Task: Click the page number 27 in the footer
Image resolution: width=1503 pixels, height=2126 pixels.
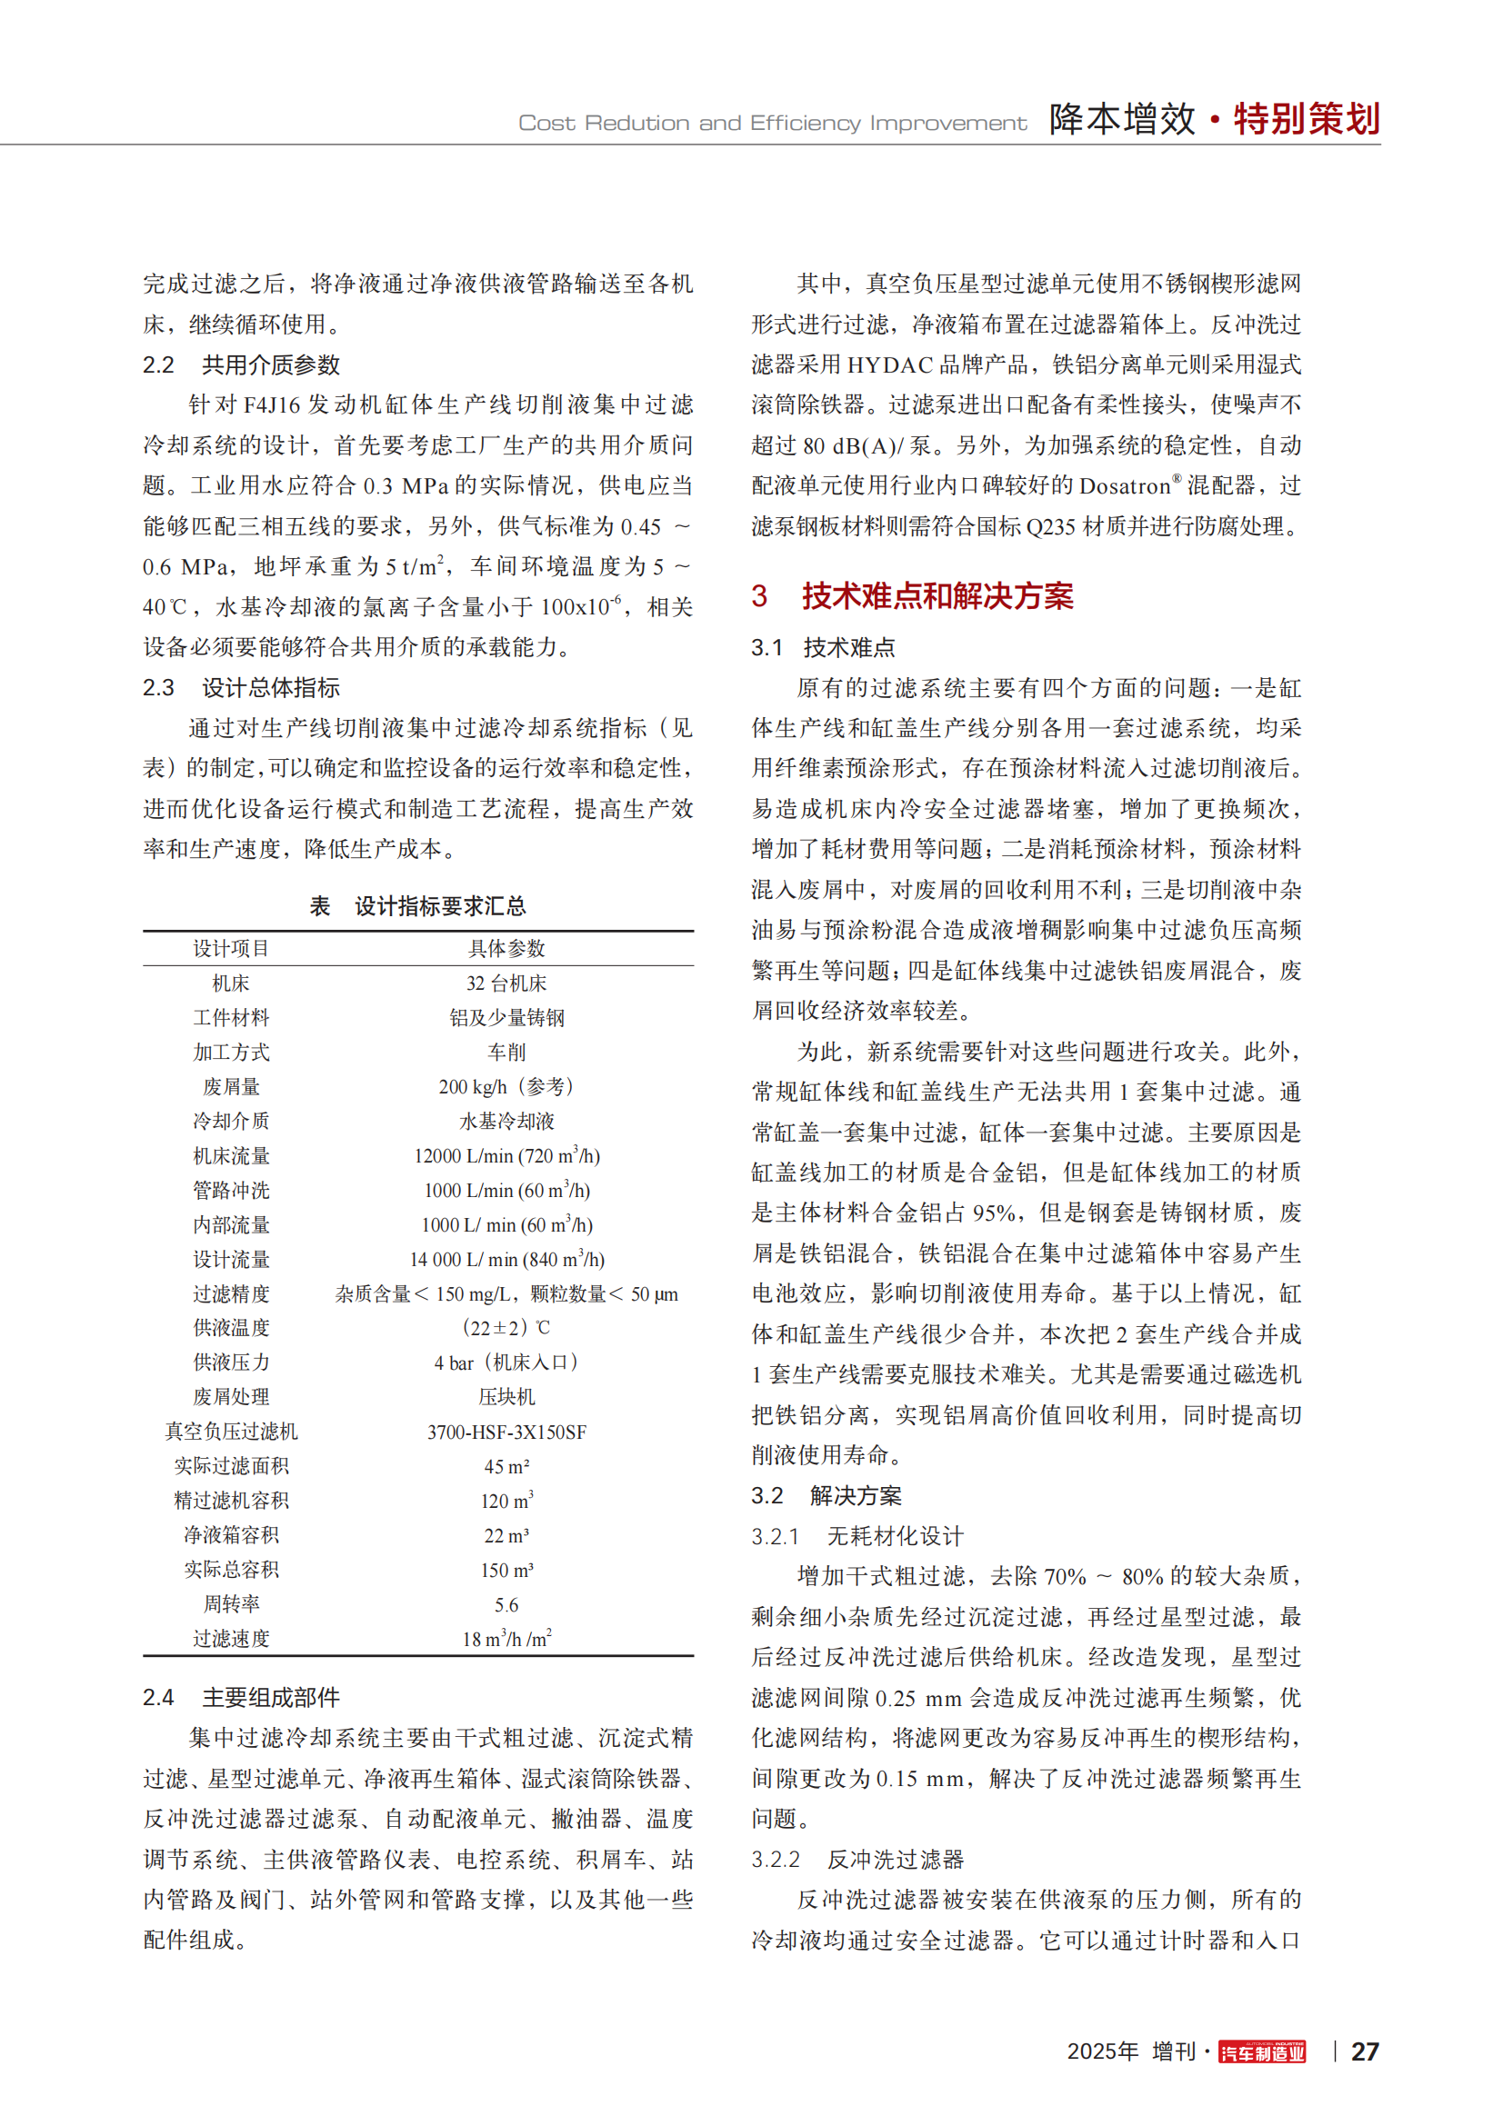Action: tap(1364, 2051)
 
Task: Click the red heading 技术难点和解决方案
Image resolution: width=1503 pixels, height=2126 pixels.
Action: tap(937, 596)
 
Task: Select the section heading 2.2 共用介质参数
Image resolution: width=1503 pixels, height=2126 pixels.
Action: tap(242, 364)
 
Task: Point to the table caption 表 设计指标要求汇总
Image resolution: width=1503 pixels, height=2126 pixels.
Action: tap(417, 905)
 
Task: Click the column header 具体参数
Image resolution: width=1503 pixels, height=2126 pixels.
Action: tap(506, 948)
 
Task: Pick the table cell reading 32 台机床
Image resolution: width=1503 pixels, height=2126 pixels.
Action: tap(506, 983)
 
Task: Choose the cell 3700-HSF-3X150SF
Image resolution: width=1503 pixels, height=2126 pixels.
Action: tap(506, 1432)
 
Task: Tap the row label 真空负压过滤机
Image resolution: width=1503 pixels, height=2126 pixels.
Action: tap(231, 1432)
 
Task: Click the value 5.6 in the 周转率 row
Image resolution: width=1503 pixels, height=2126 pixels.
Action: tap(506, 1604)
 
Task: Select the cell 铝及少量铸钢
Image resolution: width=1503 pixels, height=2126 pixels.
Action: tap(506, 1018)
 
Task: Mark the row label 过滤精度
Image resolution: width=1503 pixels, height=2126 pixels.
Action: tap(231, 1293)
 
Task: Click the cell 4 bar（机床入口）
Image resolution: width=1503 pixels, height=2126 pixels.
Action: tap(506, 1362)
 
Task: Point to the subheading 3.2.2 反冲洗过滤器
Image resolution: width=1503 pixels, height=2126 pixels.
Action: tap(857, 1860)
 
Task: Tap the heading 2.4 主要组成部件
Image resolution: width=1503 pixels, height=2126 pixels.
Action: tap(242, 1697)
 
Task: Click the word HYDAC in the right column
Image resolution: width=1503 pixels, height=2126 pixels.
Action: tap(889, 364)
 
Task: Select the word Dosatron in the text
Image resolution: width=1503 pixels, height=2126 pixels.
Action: tap(1124, 486)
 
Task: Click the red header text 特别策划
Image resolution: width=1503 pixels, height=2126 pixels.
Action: tap(1306, 119)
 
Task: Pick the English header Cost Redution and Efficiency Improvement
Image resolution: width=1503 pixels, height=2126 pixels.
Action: tap(772, 123)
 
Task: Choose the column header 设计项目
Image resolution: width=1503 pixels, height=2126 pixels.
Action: tap(231, 948)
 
